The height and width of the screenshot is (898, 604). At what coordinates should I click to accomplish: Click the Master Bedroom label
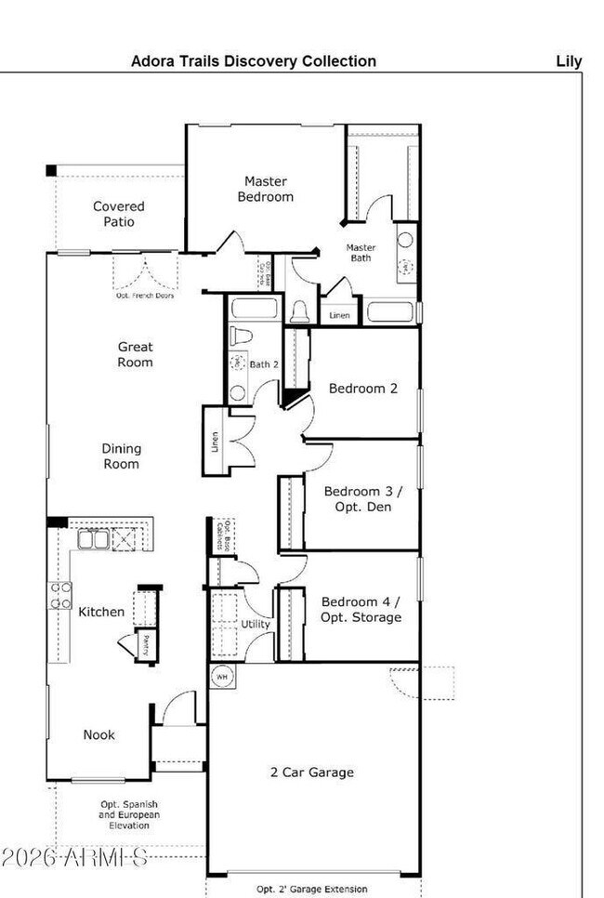click(265, 189)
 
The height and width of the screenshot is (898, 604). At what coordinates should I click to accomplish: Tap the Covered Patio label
click(119, 214)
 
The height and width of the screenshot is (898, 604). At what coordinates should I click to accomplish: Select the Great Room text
click(135, 354)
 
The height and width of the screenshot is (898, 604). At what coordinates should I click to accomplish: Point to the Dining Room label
click(121, 456)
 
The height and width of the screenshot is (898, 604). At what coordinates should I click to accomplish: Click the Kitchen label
click(101, 612)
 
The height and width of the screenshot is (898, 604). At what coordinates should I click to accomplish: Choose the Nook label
click(99, 734)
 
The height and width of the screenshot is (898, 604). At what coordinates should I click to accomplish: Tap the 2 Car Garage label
click(311, 772)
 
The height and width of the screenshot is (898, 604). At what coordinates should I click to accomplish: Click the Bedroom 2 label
click(362, 389)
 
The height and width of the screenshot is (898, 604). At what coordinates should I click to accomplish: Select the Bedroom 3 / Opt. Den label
click(358, 499)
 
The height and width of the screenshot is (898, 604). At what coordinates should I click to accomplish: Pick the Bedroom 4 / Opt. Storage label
click(361, 609)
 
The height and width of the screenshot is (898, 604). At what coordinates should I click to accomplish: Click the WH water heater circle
click(221, 677)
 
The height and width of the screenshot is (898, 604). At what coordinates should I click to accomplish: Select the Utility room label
click(256, 624)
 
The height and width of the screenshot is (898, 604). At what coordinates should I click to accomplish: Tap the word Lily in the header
click(569, 61)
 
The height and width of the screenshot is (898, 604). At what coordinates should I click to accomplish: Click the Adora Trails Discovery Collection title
click(254, 61)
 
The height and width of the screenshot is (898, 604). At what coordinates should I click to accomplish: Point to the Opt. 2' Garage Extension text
click(312, 889)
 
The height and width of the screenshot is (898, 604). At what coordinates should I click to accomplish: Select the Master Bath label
click(361, 253)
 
